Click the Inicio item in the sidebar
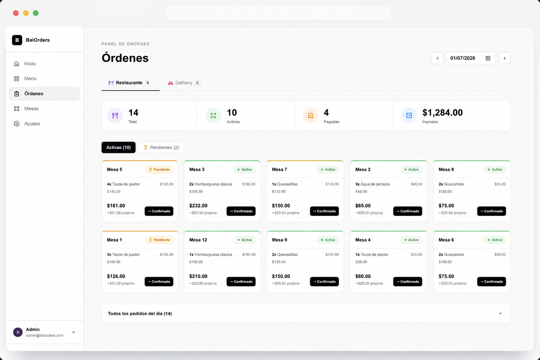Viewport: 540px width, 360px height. tap(30, 64)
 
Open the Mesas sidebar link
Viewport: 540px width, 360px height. tap(31, 108)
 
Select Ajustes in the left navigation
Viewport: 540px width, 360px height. tap(32, 124)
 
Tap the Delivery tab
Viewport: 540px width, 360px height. tap(184, 83)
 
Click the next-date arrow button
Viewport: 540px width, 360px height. tap(504, 58)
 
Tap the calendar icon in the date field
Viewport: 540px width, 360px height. tap(488, 58)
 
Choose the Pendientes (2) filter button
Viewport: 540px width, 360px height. tap(161, 147)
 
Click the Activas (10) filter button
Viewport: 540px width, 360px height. tap(118, 147)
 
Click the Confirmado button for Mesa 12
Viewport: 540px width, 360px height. tap(241, 282)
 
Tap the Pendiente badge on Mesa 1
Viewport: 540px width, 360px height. tap(159, 240)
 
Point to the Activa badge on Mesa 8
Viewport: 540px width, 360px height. tap(495, 169)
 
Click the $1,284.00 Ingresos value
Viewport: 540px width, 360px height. tap(442, 112)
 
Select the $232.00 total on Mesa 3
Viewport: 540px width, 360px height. tap(198, 206)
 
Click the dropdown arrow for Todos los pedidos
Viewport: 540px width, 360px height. tap(501, 314)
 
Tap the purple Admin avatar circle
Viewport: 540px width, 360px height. tap(18, 332)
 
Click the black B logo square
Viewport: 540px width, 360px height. tap(17, 40)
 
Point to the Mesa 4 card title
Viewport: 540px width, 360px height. tap(363, 240)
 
